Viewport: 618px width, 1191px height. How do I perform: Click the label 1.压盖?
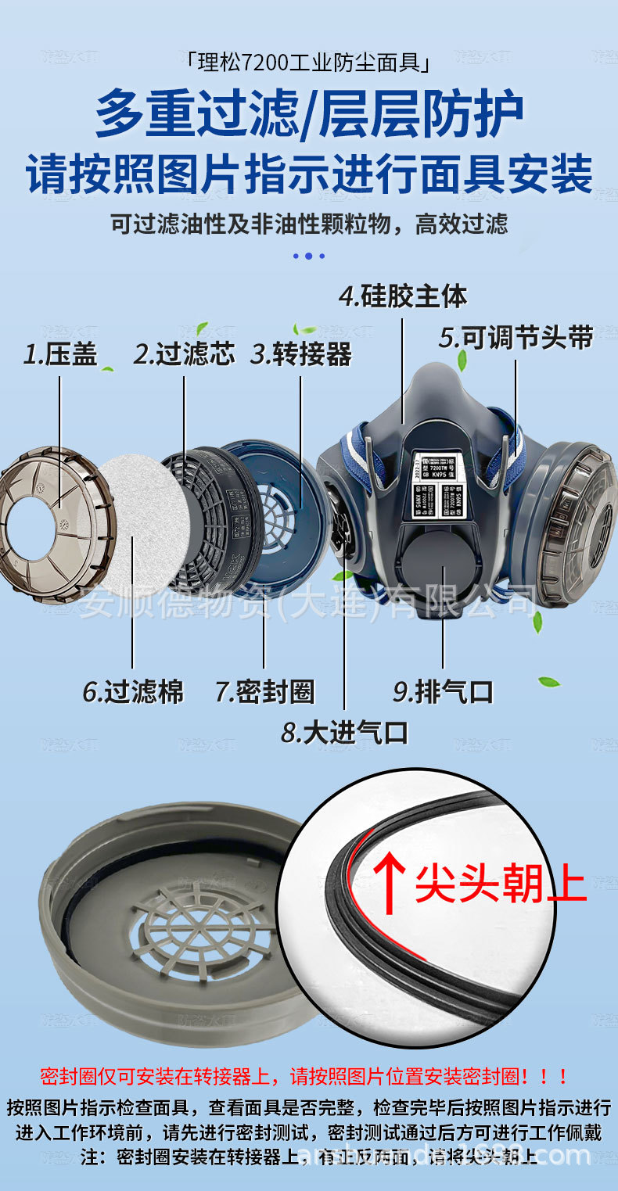pos(61,354)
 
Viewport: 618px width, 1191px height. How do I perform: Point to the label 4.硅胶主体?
pos(403,296)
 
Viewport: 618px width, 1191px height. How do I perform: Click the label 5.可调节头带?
pos(516,338)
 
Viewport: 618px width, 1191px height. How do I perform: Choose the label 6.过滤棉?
pos(133,691)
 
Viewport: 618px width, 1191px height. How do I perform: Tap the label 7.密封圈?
pos(264,691)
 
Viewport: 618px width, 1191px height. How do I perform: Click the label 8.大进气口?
pos(345,733)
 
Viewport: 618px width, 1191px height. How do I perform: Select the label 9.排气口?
pos(443,691)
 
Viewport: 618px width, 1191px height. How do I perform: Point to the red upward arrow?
pos(390,881)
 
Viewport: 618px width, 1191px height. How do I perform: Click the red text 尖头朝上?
pos(501,884)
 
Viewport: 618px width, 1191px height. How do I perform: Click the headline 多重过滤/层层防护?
pos(309,115)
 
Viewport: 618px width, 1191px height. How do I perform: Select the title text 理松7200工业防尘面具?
pos(309,61)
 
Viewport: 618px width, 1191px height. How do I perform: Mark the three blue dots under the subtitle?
pos(308,256)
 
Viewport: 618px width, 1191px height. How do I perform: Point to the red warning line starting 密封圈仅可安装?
pos(305,1076)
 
